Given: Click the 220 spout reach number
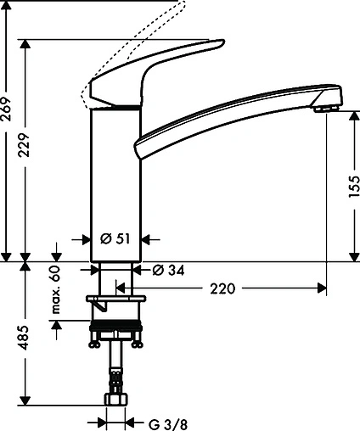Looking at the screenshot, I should click(x=222, y=289).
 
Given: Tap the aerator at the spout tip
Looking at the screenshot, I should click(x=323, y=107).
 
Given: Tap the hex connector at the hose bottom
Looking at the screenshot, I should click(x=115, y=399).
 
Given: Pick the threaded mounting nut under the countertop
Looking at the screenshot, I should click(x=116, y=324).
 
